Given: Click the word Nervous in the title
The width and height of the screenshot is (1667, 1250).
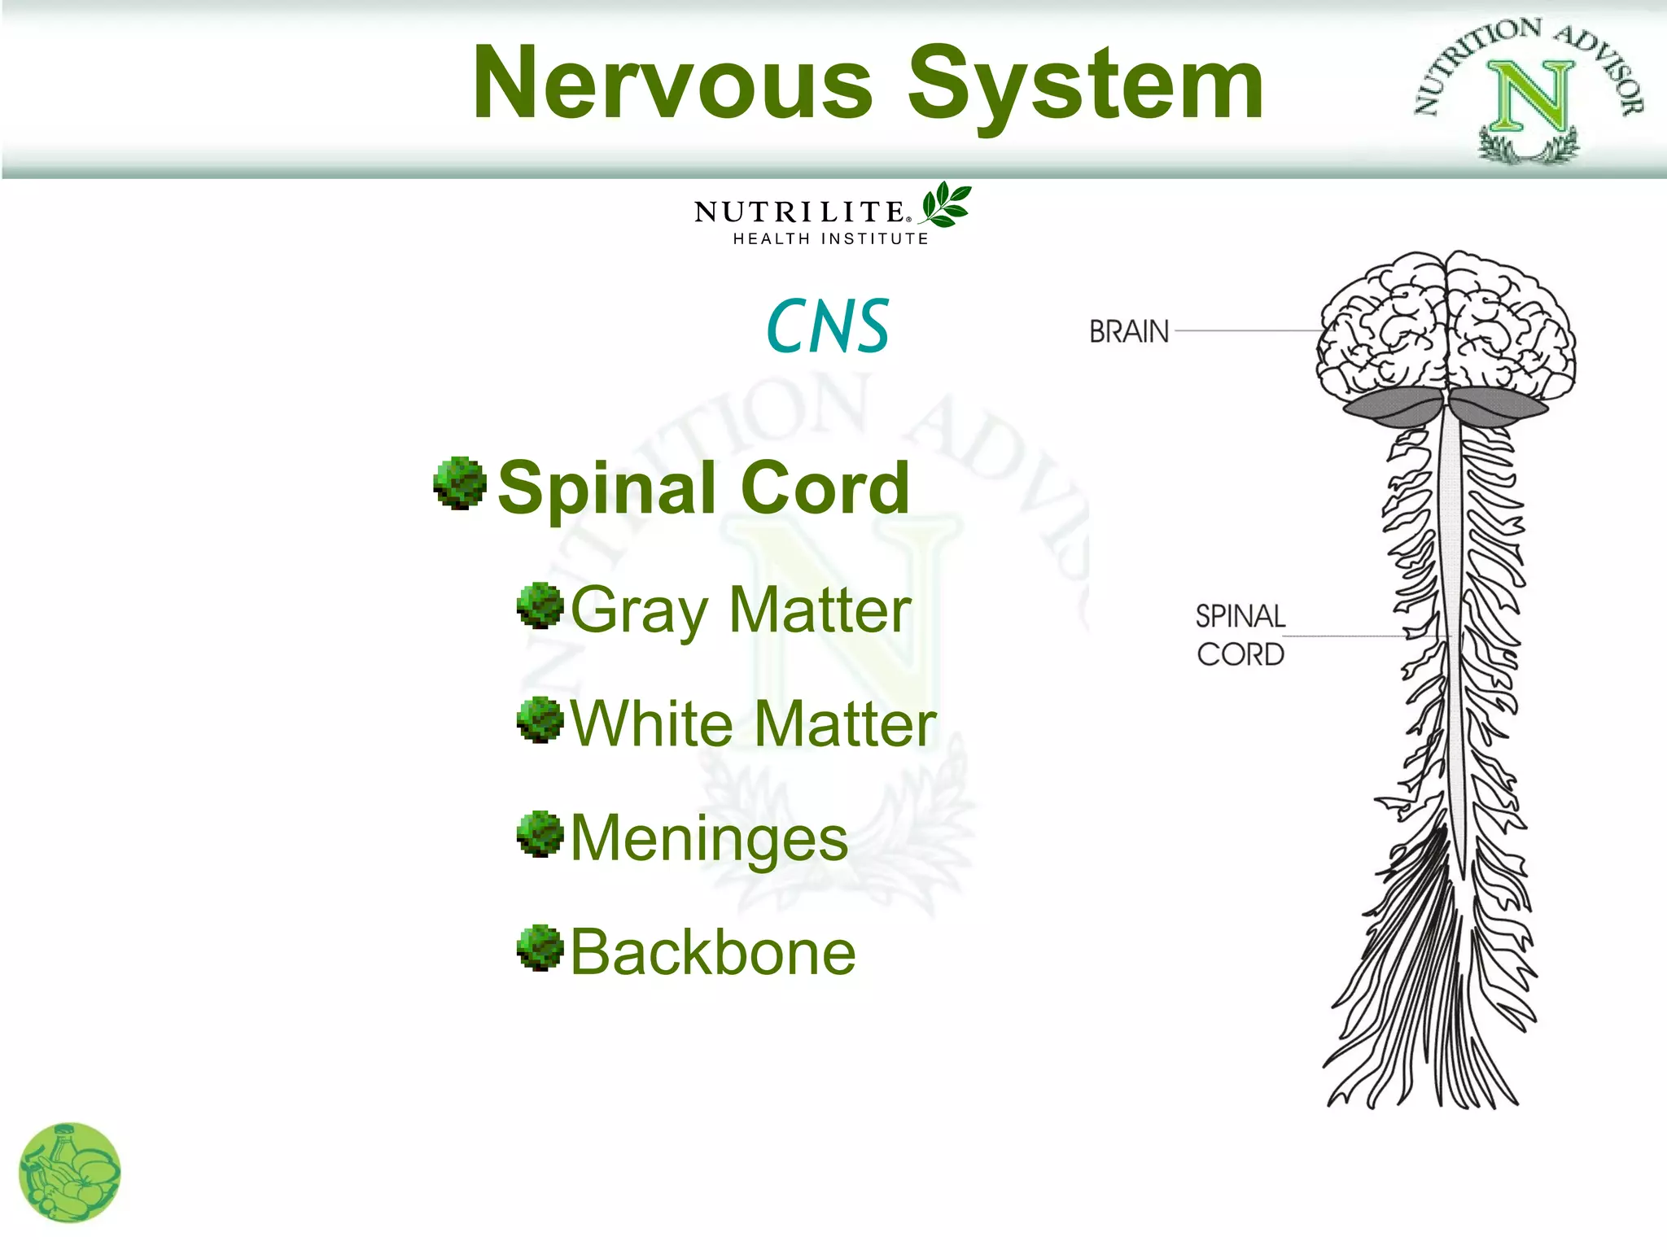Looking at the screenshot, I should tap(672, 83).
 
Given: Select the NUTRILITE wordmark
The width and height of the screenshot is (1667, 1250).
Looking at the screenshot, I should tap(799, 212).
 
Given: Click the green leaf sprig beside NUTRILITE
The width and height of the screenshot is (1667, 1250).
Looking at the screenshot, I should tap(946, 204).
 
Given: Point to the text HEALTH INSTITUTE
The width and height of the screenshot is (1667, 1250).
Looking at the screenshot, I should tap(830, 238).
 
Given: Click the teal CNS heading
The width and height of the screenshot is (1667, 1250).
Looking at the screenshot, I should tap(827, 326).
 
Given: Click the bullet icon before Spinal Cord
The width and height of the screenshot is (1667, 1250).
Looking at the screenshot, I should tap(460, 483).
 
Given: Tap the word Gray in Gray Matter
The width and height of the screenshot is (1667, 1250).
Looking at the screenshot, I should tap(640, 610).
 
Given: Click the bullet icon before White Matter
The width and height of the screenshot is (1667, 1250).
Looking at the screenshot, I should tap(540, 720).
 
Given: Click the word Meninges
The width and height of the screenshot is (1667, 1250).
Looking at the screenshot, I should tap(709, 837).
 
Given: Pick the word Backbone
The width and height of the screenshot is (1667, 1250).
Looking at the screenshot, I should tap(712, 952).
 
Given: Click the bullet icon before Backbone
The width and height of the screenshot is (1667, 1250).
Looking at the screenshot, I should tap(540, 948).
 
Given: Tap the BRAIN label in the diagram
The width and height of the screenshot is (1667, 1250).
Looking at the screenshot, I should tap(1129, 331).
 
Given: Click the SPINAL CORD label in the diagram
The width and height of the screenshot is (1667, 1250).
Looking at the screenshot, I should tap(1240, 635).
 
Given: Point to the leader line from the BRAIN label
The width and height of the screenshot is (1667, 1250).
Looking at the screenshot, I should tap(1245, 330).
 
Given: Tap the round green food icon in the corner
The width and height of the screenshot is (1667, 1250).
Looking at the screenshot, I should tap(69, 1173).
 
